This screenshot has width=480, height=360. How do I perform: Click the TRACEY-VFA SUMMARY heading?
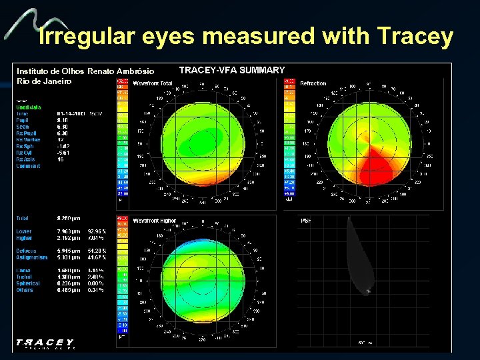[x=232, y=70]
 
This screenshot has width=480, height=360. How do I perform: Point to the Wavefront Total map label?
[x=153, y=83]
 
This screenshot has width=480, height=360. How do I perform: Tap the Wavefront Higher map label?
[x=154, y=220]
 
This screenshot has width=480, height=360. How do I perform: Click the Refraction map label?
[x=313, y=83]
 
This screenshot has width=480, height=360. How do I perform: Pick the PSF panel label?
[x=306, y=220]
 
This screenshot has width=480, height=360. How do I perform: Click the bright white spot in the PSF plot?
[x=368, y=291]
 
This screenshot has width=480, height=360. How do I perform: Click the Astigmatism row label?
[x=32, y=257]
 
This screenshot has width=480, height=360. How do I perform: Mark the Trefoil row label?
[x=26, y=276]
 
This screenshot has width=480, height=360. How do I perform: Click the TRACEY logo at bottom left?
[x=45, y=342]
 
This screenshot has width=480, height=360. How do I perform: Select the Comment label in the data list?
[x=29, y=166]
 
